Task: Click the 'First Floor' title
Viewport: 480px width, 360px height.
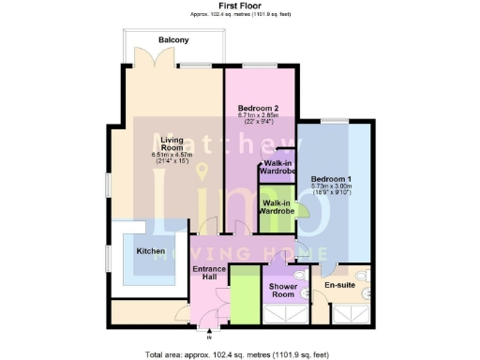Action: [x=240, y=7]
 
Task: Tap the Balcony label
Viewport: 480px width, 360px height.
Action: [x=173, y=39]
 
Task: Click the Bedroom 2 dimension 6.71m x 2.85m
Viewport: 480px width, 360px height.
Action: [x=260, y=115]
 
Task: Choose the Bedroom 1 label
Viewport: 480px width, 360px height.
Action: [x=333, y=178]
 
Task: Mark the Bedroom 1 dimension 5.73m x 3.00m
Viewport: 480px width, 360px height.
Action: [x=333, y=187]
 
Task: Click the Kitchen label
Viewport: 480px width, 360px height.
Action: [x=152, y=251]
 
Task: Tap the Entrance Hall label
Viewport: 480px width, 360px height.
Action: [x=209, y=275]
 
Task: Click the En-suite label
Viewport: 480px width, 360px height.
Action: [x=338, y=284]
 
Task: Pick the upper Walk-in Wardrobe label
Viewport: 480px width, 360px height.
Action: [x=278, y=168]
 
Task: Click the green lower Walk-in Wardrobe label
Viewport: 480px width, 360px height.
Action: [x=278, y=207]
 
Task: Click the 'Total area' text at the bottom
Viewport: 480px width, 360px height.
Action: [x=240, y=354]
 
